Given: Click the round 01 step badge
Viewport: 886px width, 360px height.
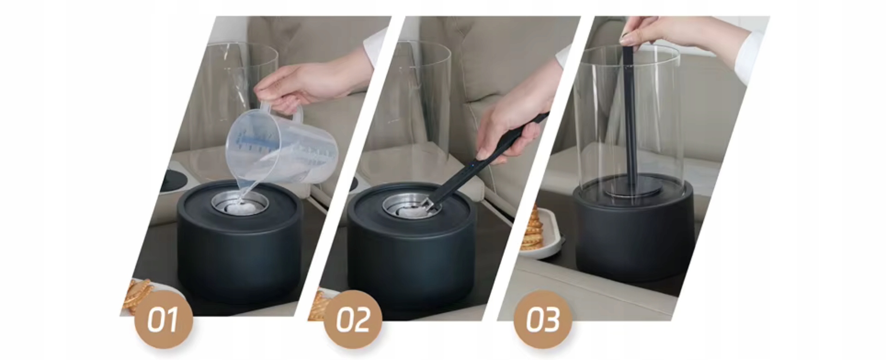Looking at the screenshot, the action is point(163,319).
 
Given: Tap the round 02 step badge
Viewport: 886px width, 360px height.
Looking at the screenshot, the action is point(353,319).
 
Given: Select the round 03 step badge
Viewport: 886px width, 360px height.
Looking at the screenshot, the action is point(543,319).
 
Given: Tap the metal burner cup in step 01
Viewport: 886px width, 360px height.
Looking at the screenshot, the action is point(240,203).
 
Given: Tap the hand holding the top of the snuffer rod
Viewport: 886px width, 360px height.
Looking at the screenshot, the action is point(683,35).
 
